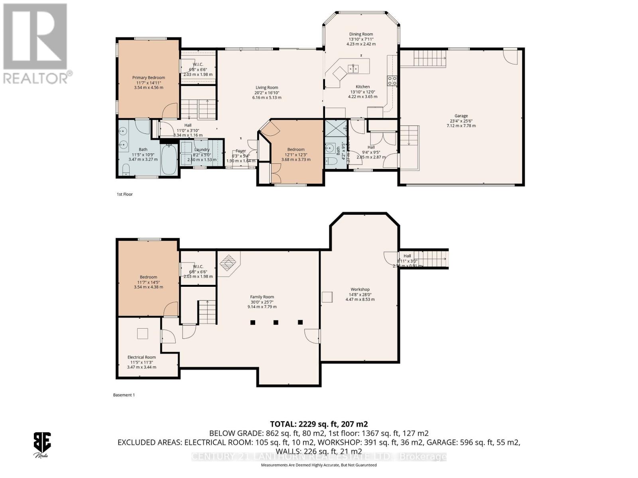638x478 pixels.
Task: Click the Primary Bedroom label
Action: point(148,78)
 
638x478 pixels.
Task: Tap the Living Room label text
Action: point(267,88)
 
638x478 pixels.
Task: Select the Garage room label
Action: point(461,116)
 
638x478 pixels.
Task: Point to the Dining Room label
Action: point(361,34)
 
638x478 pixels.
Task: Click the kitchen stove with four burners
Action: point(392,81)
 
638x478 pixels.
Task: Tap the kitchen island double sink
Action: point(353,68)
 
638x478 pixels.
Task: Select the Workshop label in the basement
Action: point(360,290)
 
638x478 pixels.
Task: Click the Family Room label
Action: point(262,297)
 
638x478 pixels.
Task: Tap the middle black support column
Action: point(276,322)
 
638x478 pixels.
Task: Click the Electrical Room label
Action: point(142,357)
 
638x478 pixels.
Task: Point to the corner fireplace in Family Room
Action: point(228,263)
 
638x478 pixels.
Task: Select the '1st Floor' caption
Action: point(125,194)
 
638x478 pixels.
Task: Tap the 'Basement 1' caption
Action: point(124,395)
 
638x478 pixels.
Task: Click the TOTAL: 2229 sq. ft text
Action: point(319,424)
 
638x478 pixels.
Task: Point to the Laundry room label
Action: point(202,150)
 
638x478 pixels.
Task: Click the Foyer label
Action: point(240,151)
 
